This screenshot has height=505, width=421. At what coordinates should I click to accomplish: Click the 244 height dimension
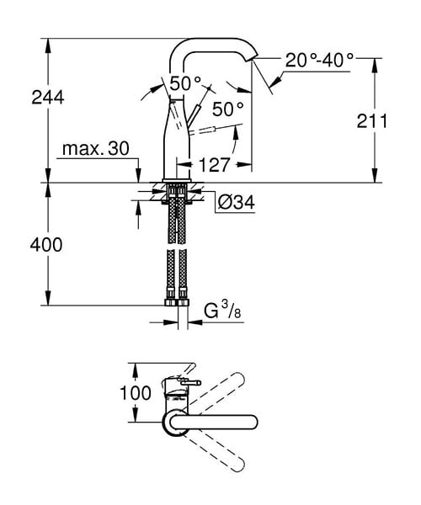pyautogui.click(x=48, y=98)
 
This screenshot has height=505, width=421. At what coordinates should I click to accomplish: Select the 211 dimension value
pyautogui.click(x=372, y=121)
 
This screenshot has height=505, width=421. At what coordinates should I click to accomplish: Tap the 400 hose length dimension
pyautogui.click(x=46, y=245)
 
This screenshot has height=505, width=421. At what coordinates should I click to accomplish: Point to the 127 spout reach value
pyautogui.click(x=214, y=165)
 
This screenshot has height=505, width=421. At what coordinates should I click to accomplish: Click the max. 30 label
pyautogui.click(x=96, y=148)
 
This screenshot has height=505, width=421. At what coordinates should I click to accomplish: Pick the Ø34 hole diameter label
pyautogui.click(x=236, y=202)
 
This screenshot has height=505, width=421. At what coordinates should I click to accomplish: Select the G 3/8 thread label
pyautogui.click(x=222, y=311)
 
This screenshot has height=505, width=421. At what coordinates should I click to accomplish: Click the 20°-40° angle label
pyautogui.click(x=319, y=60)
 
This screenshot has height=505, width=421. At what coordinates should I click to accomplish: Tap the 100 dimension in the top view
pyautogui.click(x=136, y=393)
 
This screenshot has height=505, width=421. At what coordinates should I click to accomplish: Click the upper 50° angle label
pyautogui.click(x=185, y=83)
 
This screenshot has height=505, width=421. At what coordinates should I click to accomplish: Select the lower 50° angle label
pyautogui.click(x=227, y=109)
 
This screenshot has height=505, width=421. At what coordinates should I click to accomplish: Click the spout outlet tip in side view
pyautogui.click(x=253, y=58)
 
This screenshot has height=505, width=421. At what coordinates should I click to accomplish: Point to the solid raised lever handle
pyautogui.click(x=194, y=115)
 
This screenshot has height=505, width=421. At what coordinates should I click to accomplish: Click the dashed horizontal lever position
pyautogui.click(x=202, y=130)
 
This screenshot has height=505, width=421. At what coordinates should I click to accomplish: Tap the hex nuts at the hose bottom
pyautogui.click(x=177, y=302)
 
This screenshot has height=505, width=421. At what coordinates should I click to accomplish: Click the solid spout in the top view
pyautogui.click(x=214, y=422)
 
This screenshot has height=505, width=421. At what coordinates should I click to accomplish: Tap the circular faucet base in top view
pyautogui.click(x=175, y=423)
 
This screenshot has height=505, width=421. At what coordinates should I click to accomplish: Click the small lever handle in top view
pyautogui.click(x=190, y=383)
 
